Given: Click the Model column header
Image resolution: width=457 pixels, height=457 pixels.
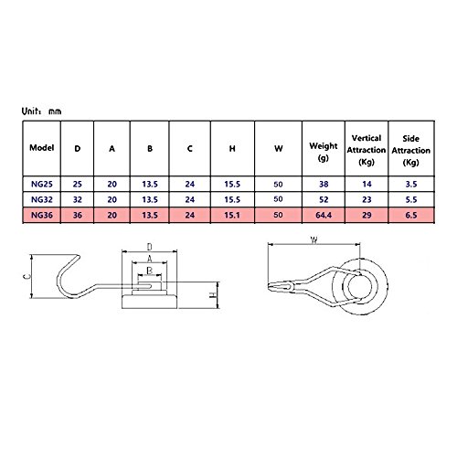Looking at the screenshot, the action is click(42, 148).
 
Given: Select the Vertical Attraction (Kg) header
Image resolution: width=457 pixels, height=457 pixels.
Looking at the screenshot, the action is click(367, 150).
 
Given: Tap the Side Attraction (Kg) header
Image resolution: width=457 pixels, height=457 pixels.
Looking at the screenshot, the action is click(411, 150).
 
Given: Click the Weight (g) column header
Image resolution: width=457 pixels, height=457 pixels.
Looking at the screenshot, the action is click(324, 152).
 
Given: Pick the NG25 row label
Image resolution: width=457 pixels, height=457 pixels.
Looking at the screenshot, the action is click(42, 184).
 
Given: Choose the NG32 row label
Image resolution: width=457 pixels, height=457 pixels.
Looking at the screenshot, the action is click(42, 199).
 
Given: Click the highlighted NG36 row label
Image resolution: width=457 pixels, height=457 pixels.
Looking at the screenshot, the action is click(42, 215).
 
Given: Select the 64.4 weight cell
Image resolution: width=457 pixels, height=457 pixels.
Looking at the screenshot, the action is click(324, 215).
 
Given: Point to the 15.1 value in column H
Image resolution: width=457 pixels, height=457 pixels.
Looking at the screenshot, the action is click(232, 215).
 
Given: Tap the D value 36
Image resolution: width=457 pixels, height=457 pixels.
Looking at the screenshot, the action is click(78, 215).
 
